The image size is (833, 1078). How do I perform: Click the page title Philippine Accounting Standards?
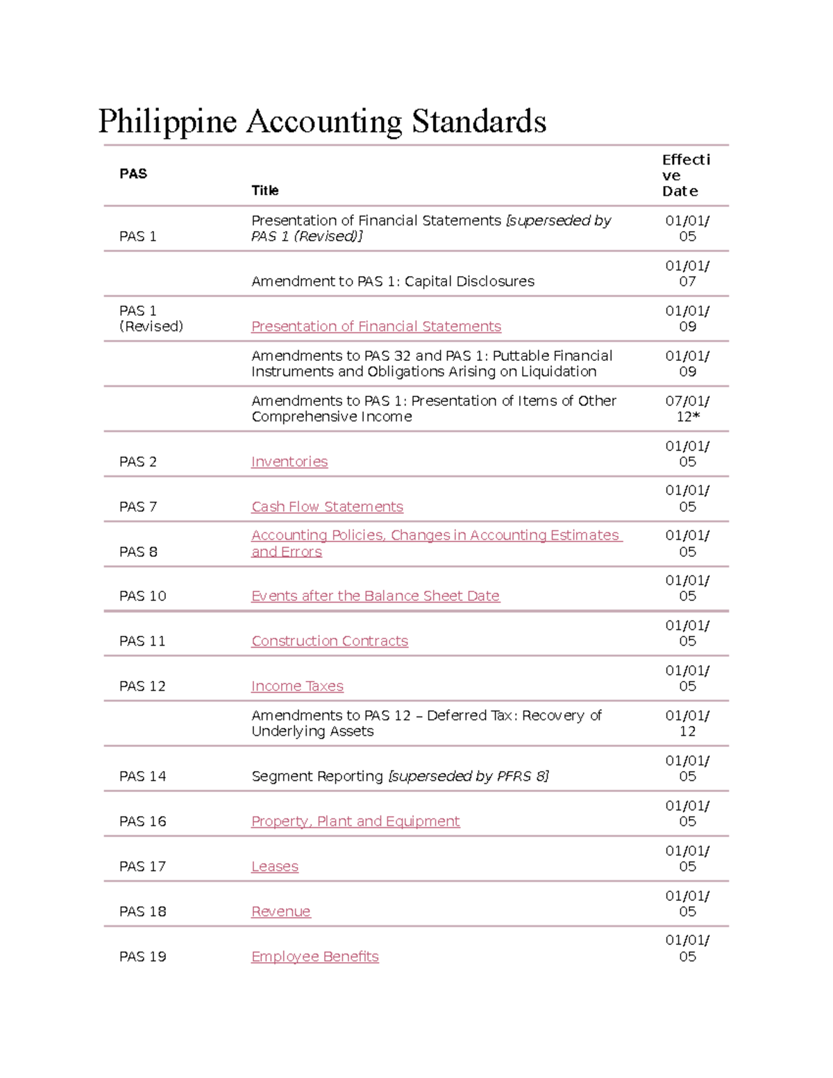(x=322, y=121)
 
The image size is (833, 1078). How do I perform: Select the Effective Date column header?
(x=686, y=175)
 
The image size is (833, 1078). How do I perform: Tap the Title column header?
(x=264, y=190)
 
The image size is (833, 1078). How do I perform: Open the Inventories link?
(x=289, y=462)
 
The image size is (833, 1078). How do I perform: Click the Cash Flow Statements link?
(x=327, y=507)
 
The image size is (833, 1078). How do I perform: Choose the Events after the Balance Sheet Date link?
(x=375, y=596)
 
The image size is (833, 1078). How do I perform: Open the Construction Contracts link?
(x=330, y=641)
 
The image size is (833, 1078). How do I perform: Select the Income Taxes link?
(x=297, y=686)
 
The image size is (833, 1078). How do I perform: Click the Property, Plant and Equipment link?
(x=355, y=821)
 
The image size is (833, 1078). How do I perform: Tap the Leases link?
(x=275, y=866)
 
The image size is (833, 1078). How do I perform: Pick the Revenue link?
(x=280, y=911)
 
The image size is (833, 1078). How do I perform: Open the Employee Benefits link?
(x=315, y=957)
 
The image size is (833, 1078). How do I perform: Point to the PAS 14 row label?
(x=142, y=776)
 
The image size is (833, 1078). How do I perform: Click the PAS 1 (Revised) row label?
(x=151, y=319)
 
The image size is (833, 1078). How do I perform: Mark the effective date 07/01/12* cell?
(x=687, y=409)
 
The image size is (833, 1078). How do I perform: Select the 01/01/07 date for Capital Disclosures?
(x=687, y=273)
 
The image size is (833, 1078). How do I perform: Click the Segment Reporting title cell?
(x=400, y=776)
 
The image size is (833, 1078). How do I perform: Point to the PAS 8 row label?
(x=138, y=552)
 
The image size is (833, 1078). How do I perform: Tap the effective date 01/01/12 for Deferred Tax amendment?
(x=687, y=723)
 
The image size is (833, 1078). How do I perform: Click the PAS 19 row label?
(x=142, y=957)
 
